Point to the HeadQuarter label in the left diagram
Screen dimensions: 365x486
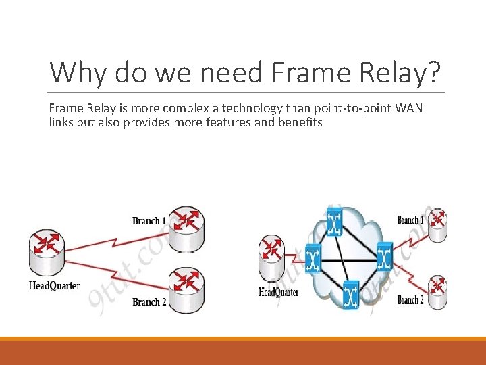tap(54, 285)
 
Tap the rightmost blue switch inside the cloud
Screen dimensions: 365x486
tap(384, 256)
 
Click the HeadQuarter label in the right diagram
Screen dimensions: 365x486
tap(279, 293)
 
